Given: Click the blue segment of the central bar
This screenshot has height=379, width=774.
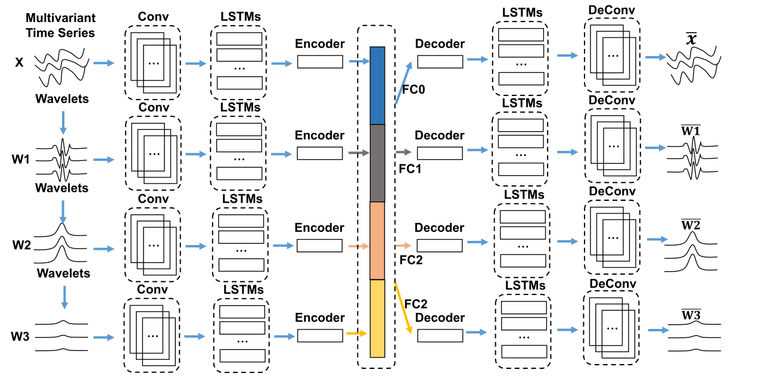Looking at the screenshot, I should (378, 85).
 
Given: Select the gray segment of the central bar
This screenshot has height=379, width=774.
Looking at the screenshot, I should (378, 163).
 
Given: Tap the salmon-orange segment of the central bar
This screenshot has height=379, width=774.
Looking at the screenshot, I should (378, 240).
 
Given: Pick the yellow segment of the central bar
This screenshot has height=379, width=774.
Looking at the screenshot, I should (378, 318).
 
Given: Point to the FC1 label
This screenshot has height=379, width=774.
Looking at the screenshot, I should (410, 169).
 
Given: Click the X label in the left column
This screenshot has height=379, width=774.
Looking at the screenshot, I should (19, 62).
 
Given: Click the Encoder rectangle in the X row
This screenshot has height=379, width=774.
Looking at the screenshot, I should (320, 61).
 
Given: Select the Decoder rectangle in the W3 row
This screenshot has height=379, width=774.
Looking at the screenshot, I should (440, 335).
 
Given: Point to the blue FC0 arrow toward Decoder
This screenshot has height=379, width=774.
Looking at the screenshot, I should (405, 80).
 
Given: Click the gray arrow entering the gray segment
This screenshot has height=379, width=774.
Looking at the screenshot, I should (358, 153).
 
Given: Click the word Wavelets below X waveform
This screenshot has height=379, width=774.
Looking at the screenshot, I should (62, 99).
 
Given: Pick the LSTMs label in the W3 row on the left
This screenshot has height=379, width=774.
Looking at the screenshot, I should (242, 289).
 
